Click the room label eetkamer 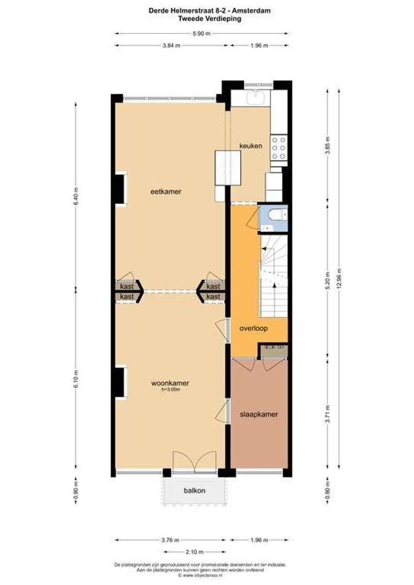coord(166,192)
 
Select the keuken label coord(251,146)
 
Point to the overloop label coord(254,329)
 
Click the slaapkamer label coord(259,414)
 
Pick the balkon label coord(194,491)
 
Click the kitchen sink coord(254,97)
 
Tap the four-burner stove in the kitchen coord(279,148)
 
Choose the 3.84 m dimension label coord(171,45)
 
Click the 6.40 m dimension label coord(76,194)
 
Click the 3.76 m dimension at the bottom coord(171,540)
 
